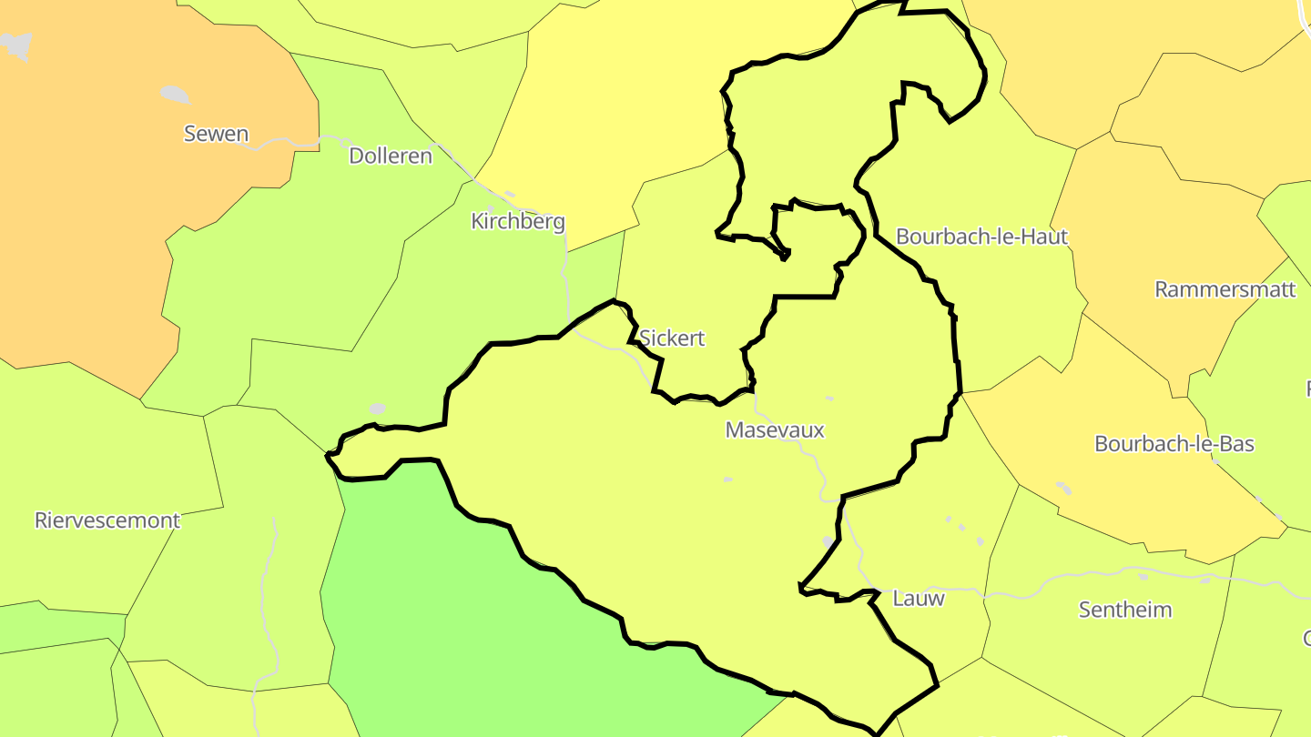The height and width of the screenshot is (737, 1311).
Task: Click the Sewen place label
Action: pos(216,134)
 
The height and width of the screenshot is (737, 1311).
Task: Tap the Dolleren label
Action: pos(391,156)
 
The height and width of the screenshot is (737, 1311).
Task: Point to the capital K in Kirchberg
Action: pos(477,221)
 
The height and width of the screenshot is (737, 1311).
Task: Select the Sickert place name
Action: pos(672,338)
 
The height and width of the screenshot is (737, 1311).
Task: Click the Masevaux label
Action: pos(775,429)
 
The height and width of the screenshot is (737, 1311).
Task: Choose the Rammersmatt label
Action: pos(1225,289)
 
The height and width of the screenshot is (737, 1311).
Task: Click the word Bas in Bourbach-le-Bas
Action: pos(1237,444)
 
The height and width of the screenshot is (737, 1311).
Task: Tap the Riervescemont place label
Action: pos(107,520)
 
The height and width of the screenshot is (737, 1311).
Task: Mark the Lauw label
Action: pos(919,598)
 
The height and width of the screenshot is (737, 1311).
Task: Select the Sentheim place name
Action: pos(1125,610)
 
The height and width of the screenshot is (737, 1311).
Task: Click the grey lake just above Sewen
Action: pos(175,94)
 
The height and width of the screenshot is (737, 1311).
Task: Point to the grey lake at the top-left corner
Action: pos(16,45)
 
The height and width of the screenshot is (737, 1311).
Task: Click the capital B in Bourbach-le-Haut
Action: pos(903,237)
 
